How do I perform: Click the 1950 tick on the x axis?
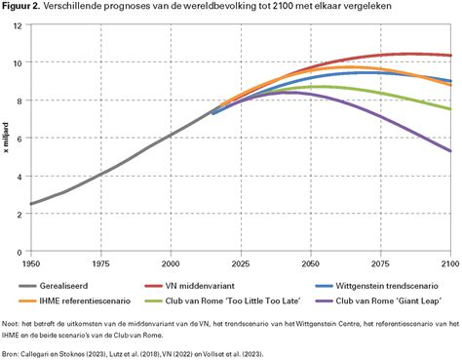(x=31, y=263)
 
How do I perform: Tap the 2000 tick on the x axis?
(x=171, y=263)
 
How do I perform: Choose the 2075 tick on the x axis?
(x=380, y=263)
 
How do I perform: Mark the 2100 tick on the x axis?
(x=448, y=263)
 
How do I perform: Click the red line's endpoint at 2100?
(x=450, y=56)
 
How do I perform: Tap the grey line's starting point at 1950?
(x=31, y=204)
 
